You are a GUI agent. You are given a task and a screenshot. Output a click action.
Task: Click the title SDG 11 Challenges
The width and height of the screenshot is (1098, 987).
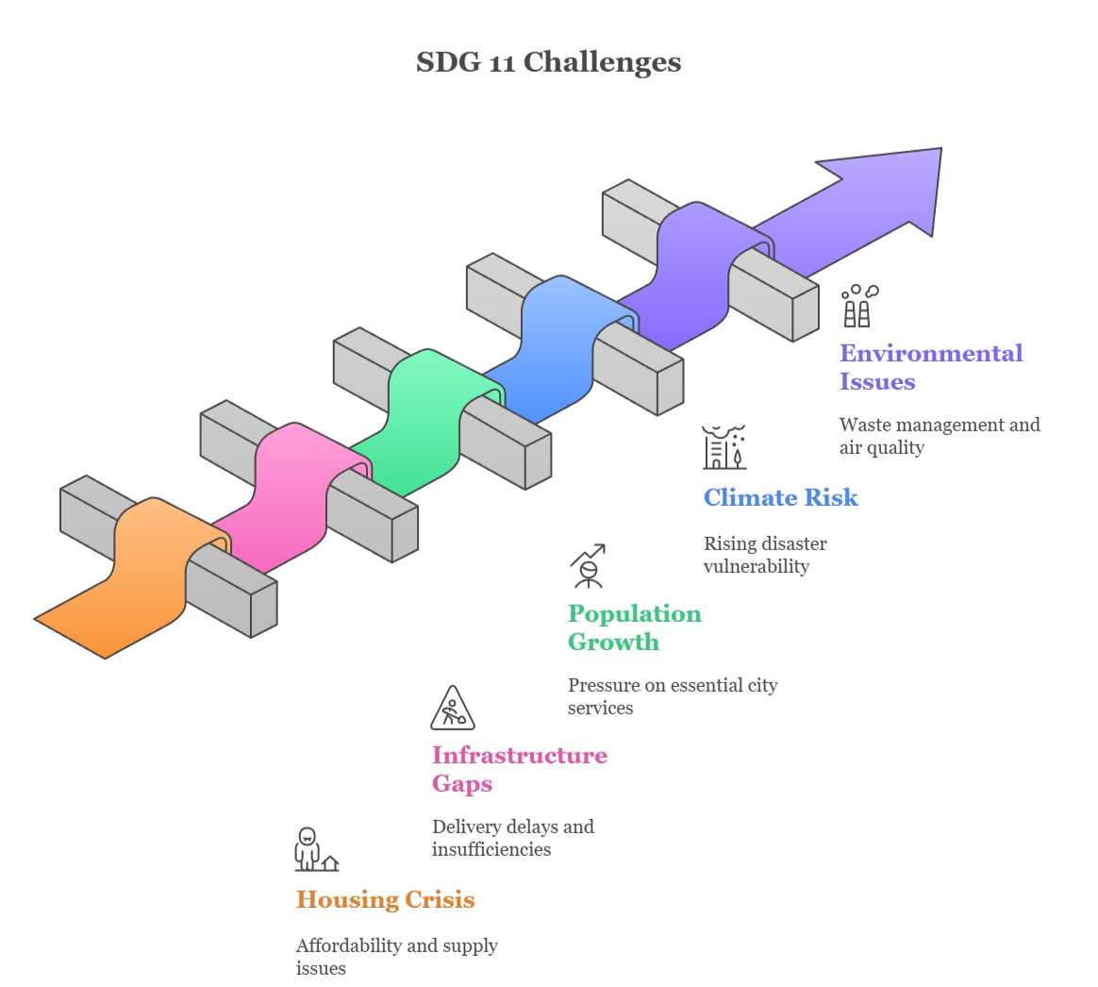[x=548, y=63]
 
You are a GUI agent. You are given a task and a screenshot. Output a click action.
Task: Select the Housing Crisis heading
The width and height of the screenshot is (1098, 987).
[x=385, y=899]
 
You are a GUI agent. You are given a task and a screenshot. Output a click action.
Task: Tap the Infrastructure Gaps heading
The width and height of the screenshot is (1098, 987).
[x=519, y=769]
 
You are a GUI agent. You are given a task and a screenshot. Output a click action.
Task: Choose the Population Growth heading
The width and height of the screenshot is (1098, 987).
[x=634, y=627]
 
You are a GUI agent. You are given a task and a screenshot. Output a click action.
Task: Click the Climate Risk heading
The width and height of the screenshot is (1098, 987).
[x=780, y=497]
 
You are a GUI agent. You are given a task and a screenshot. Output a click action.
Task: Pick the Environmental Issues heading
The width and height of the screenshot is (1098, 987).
[x=930, y=367]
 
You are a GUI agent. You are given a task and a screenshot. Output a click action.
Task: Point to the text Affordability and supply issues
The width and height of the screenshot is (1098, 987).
[x=396, y=957]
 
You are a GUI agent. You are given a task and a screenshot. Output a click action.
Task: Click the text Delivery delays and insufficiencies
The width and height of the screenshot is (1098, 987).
[x=512, y=838]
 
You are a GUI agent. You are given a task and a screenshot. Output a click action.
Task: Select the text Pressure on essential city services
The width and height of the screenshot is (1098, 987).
[x=672, y=696]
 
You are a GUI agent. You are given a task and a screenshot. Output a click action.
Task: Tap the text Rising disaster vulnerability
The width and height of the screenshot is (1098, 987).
[x=764, y=555]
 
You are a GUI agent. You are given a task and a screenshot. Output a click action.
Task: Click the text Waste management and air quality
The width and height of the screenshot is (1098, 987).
[x=939, y=436]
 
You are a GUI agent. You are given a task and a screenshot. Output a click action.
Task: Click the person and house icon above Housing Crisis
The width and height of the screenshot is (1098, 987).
[x=314, y=849]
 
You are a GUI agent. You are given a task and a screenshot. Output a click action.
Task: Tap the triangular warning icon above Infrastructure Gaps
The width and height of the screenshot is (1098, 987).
[x=453, y=709]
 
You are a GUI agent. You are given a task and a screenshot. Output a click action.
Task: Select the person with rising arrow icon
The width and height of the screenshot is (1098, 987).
[x=587, y=567]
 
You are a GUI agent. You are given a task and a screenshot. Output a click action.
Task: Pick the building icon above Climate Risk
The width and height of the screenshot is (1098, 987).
[x=724, y=447]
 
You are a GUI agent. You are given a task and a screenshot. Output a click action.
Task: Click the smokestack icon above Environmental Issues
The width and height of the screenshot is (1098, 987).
[x=858, y=306]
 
